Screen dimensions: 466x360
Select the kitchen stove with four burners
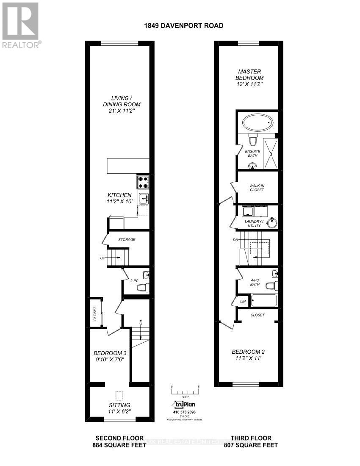pyautogui.click(x=143, y=182)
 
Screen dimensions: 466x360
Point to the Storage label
pyautogui.click(x=127, y=240)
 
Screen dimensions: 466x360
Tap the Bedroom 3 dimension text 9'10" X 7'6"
pyautogui.click(x=110, y=360)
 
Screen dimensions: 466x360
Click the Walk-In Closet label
pyautogui.click(x=257, y=187)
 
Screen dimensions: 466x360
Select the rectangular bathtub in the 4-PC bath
pyautogui.click(x=263, y=301)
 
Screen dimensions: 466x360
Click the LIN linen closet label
pyautogui.click(x=243, y=302)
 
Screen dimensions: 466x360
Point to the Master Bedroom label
pyautogui.click(x=250, y=75)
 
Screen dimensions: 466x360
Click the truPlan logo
pyautogui.click(x=184, y=405)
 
